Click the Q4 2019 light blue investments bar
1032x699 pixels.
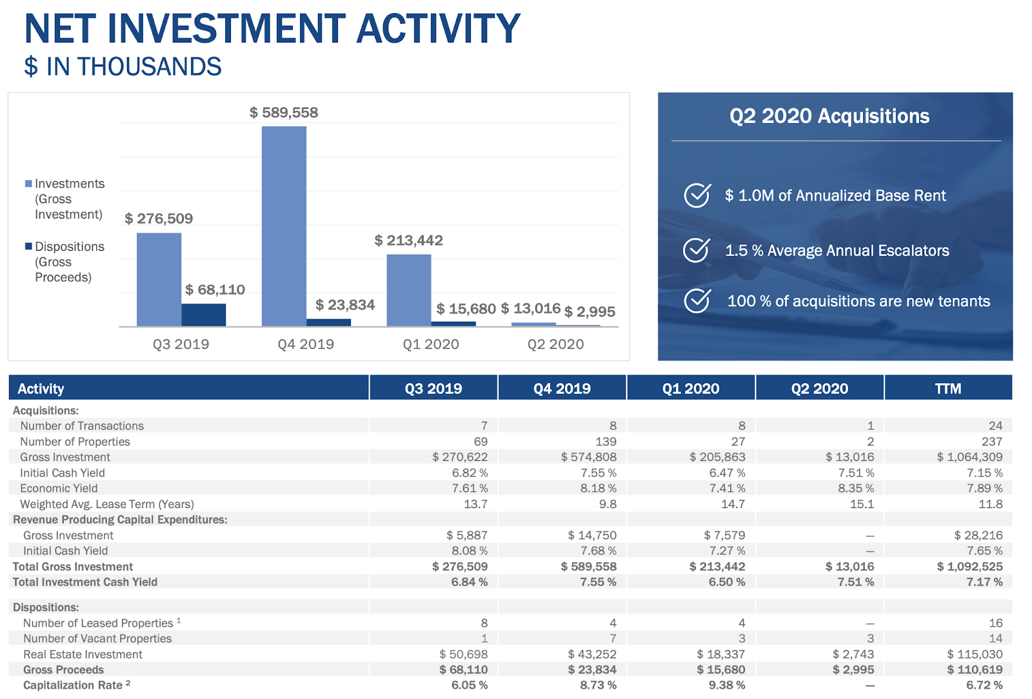click(x=284, y=226)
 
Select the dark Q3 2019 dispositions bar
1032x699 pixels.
click(x=203, y=315)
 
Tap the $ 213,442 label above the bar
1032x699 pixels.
click(x=408, y=241)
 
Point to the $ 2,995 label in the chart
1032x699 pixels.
click(x=590, y=312)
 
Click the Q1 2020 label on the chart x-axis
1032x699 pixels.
click(x=430, y=344)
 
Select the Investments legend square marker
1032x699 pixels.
click(x=28, y=184)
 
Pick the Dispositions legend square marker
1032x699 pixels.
click(x=28, y=246)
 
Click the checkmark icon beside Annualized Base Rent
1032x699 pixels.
click(x=697, y=195)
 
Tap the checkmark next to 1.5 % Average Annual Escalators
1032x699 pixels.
click(x=697, y=250)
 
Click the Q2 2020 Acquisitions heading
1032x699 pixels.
click(x=829, y=116)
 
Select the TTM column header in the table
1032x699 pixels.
click(x=948, y=389)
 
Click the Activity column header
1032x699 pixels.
click(x=41, y=389)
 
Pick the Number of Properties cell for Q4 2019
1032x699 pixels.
click(x=606, y=442)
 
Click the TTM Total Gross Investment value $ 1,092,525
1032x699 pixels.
click(x=969, y=567)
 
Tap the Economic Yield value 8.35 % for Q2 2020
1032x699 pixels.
click(x=855, y=489)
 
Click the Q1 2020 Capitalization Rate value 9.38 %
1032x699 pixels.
click(x=726, y=685)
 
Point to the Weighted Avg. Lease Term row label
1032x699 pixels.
click(x=106, y=504)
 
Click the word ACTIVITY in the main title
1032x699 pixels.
click(x=438, y=29)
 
